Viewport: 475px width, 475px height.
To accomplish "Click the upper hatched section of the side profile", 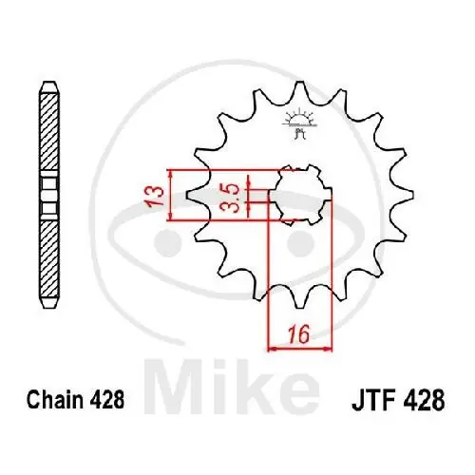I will [x=48, y=133].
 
